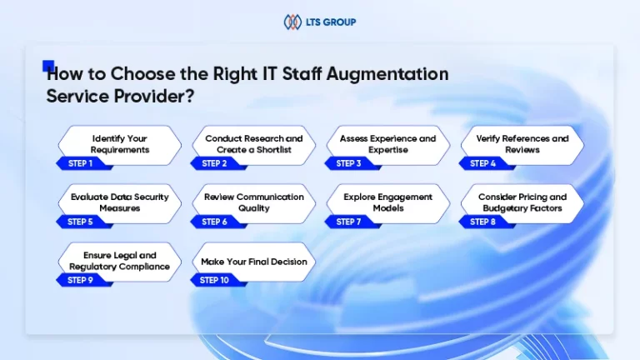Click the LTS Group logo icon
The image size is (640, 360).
click(292, 22)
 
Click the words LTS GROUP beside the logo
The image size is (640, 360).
click(331, 22)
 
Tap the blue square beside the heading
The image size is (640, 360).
click(48, 66)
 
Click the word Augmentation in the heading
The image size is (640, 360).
click(387, 74)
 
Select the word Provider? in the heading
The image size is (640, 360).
click(154, 97)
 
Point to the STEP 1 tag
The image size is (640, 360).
click(83, 163)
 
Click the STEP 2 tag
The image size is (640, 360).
click(218, 163)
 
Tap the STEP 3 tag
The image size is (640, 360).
click(352, 163)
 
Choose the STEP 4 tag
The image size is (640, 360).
click(487, 163)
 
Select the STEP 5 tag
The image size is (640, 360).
click(83, 222)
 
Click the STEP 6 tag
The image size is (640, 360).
click(218, 222)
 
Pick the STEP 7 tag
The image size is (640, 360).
click(352, 222)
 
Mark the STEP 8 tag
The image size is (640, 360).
click(487, 222)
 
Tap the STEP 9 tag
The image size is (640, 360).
click(83, 280)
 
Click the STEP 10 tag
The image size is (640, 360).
click(218, 280)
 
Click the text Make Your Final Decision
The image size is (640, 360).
click(254, 262)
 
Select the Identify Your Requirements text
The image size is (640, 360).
click(120, 144)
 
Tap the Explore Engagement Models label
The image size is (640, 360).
click(387, 202)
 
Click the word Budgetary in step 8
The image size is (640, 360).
click(500, 208)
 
